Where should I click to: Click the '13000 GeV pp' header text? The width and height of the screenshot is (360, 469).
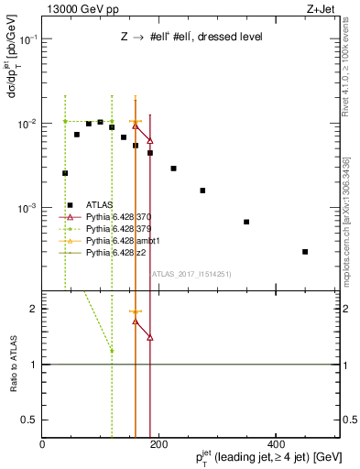pos(80,8)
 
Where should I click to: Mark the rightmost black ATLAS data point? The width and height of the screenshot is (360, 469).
pos(305,251)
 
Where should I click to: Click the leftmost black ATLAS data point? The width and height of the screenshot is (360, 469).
pos(65,173)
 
